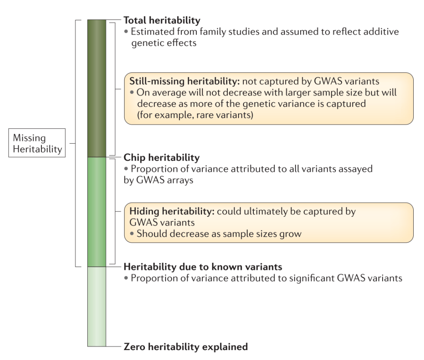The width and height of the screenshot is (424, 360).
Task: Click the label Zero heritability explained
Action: coord(186,346)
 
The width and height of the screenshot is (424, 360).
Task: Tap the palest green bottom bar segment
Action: coord(97,306)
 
